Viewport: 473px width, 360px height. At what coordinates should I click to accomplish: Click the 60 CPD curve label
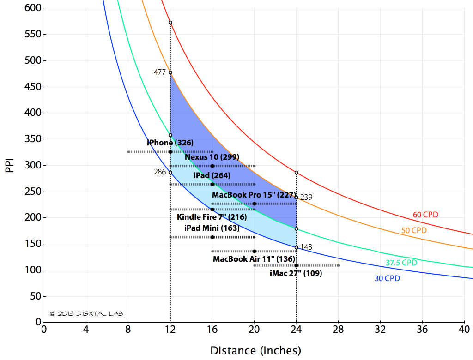pyautogui.click(x=425, y=215)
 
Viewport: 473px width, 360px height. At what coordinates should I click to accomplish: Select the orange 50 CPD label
pyautogui.click(x=413, y=230)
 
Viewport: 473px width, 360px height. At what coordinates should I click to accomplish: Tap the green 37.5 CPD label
pyautogui.click(x=401, y=263)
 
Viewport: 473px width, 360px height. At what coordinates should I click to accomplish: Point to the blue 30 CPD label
pyautogui.click(x=387, y=279)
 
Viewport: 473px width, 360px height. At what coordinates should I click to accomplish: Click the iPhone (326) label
pyautogui.click(x=170, y=143)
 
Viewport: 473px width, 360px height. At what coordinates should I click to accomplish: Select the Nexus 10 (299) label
pyautogui.click(x=212, y=157)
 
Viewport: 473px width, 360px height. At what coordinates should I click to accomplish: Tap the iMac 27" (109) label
pyautogui.click(x=296, y=273)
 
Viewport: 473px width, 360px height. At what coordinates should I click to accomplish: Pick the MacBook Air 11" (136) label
pyautogui.click(x=254, y=259)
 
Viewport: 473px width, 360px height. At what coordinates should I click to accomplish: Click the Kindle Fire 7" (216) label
pyautogui.click(x=212, y=217)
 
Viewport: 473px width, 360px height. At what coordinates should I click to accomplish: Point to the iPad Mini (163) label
pyautogui.click(x=212, y=228)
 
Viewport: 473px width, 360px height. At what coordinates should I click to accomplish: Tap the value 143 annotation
pyautogui.click(x=306, y=247)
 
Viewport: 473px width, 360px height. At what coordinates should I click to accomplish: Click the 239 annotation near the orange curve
pyautogui.click(x=306, y=197)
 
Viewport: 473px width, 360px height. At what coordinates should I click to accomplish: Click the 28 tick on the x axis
pyautogui.click(x=338, y=330)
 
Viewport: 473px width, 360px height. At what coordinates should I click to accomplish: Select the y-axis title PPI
pyautogui.click(x=10, y=165)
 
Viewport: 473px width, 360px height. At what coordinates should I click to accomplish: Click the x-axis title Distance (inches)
pyautogui.click(x=255, y=351)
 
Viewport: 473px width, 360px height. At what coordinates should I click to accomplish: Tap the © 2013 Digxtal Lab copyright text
pyautogui.click(x=86, y=313)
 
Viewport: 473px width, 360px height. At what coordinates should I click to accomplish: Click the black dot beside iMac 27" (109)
pyautogui.click(x=296, y=265)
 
